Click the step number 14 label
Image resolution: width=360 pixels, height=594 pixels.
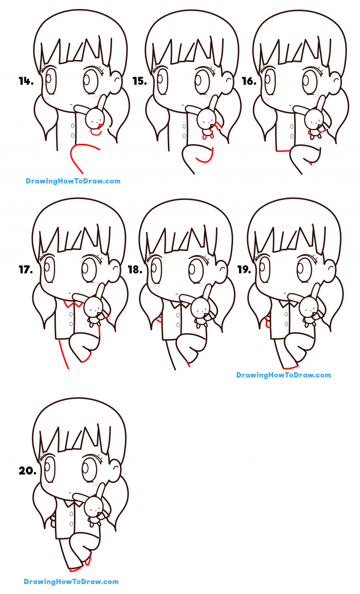pos(26,82)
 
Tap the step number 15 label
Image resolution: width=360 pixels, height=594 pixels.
pos(139,82)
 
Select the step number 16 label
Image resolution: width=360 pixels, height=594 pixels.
pos(248,82)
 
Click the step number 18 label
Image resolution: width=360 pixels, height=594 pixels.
pos(135,270)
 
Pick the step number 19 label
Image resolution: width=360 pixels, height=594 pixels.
pos(244,270)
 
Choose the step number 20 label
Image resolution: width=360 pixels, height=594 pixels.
pos(27,471)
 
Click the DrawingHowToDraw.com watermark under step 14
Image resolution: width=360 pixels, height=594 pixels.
pos(73,181)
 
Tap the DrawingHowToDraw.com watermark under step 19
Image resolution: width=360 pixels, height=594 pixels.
pos(284,375)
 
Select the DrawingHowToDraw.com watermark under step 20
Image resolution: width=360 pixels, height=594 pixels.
pos(71,582)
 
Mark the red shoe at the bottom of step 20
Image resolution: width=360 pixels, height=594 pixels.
pos(75,570)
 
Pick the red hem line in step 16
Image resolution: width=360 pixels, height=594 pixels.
pos(281,151)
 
